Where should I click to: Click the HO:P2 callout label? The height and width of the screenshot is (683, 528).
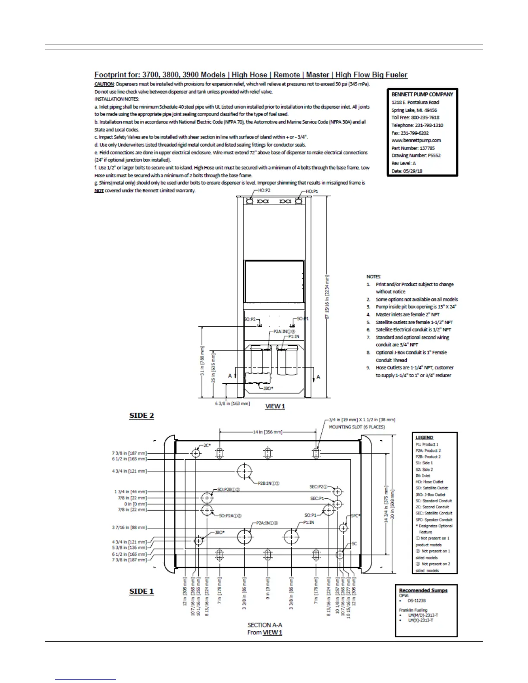coord(264,190)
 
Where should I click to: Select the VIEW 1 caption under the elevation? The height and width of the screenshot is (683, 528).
coord(275,406)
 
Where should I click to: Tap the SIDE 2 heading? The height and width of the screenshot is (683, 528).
coord(141,416)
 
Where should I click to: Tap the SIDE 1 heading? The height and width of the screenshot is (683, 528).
coord(141,591)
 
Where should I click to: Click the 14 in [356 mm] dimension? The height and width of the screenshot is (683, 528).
coord(267,432)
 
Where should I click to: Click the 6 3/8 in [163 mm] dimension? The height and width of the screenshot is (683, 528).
coord(233,404)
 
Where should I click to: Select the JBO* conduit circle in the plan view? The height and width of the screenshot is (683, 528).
coord(198,541)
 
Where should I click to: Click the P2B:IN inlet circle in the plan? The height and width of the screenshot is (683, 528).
coord(245,471)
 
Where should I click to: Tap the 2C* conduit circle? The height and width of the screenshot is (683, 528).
coord(196,453)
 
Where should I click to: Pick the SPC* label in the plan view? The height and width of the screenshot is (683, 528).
coord(355,516)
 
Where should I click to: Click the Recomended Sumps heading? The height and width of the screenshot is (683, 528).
coord(423,590)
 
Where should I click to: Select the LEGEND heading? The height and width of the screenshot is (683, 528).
coord(424,438)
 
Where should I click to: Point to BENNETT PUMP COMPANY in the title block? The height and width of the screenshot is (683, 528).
coord(422,94)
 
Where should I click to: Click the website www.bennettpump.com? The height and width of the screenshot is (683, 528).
coord(416,140)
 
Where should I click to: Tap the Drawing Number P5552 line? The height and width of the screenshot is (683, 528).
coord(416,155)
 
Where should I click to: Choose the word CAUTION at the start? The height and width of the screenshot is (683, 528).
coord(104,84)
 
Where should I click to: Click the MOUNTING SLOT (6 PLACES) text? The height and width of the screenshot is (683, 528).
coord(357,427)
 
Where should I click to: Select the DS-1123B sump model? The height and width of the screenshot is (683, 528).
coord(417,600)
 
